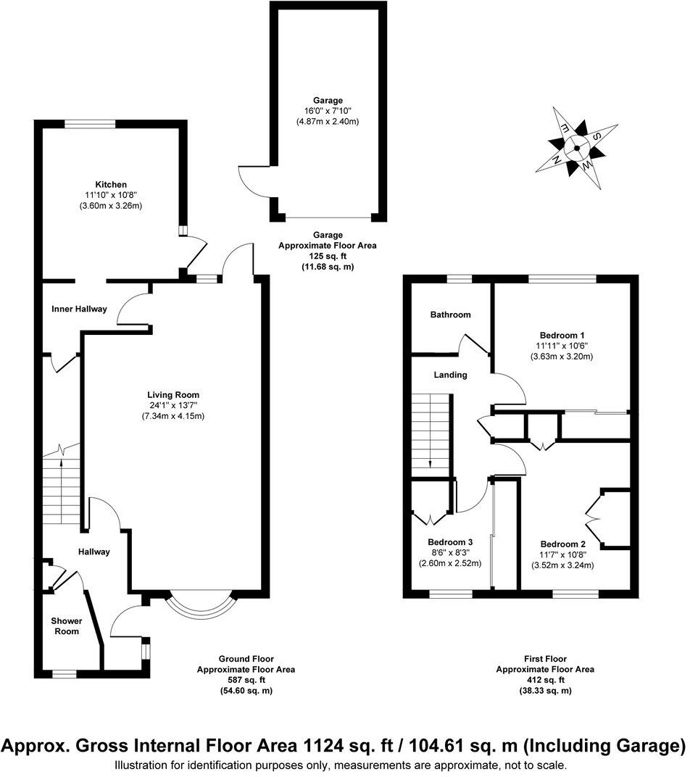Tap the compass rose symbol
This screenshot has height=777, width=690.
[x=577, y=149]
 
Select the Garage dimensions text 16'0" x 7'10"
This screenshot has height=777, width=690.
[x=328, y=111]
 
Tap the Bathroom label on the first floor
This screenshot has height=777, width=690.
[x=450, y=315]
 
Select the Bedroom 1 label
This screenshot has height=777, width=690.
[x=560, y=336]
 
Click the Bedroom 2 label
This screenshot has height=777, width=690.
[x=562, y=544]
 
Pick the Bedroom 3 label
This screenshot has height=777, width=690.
[x=450, y=542]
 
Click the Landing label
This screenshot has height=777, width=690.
[x=450, y=375]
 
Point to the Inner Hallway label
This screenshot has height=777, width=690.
[x=79, y=309]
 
